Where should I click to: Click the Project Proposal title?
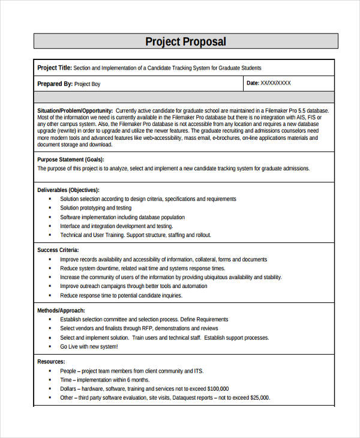(x=185, y=41)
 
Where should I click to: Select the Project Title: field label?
(x=55, y=68)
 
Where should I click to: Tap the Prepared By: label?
(x=55, y=84)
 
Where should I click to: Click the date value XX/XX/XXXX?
(x=275, y=83)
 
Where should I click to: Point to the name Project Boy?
(x=87, y=84)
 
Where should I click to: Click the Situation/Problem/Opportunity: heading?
(x=75, y=111)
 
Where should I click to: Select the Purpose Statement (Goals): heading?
(x=70, y=160)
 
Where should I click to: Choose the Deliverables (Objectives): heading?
(x=68, y=190)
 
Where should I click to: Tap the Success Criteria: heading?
(x=58, y=250)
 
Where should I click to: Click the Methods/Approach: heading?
(x=61, y=311)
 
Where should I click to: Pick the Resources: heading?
(x=52, y=362)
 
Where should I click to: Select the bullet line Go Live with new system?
(x=89, y=346)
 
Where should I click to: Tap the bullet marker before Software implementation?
(x=49, y=217)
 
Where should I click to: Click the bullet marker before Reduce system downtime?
(x=49, y=269)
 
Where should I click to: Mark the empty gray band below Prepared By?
(x=184, y=97)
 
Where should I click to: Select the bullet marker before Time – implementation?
(x=49, y=380)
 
